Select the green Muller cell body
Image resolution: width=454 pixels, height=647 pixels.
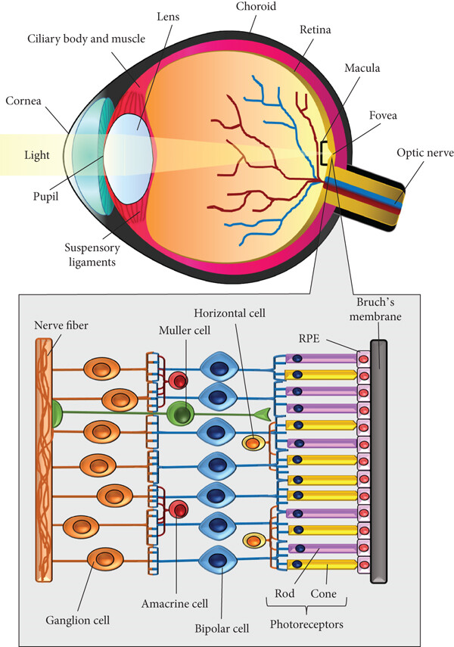coord(179,412)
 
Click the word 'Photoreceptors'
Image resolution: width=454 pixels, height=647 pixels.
coord(306,624)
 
